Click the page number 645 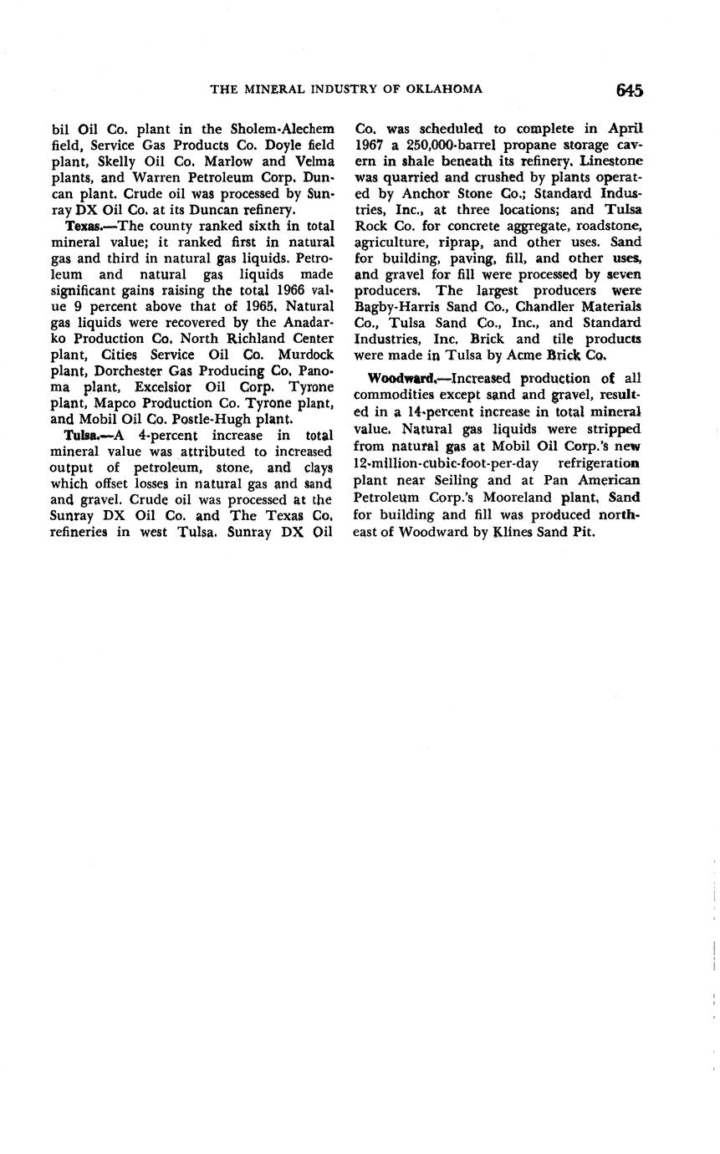[629, 90]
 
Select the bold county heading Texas [82, 226]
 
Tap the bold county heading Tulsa [80, 435]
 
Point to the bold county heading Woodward [400, 378]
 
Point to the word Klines [516, 531]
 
